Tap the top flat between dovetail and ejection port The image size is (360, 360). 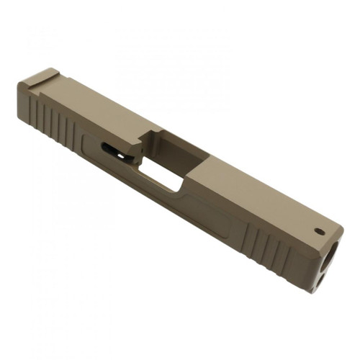coord(94,104)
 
